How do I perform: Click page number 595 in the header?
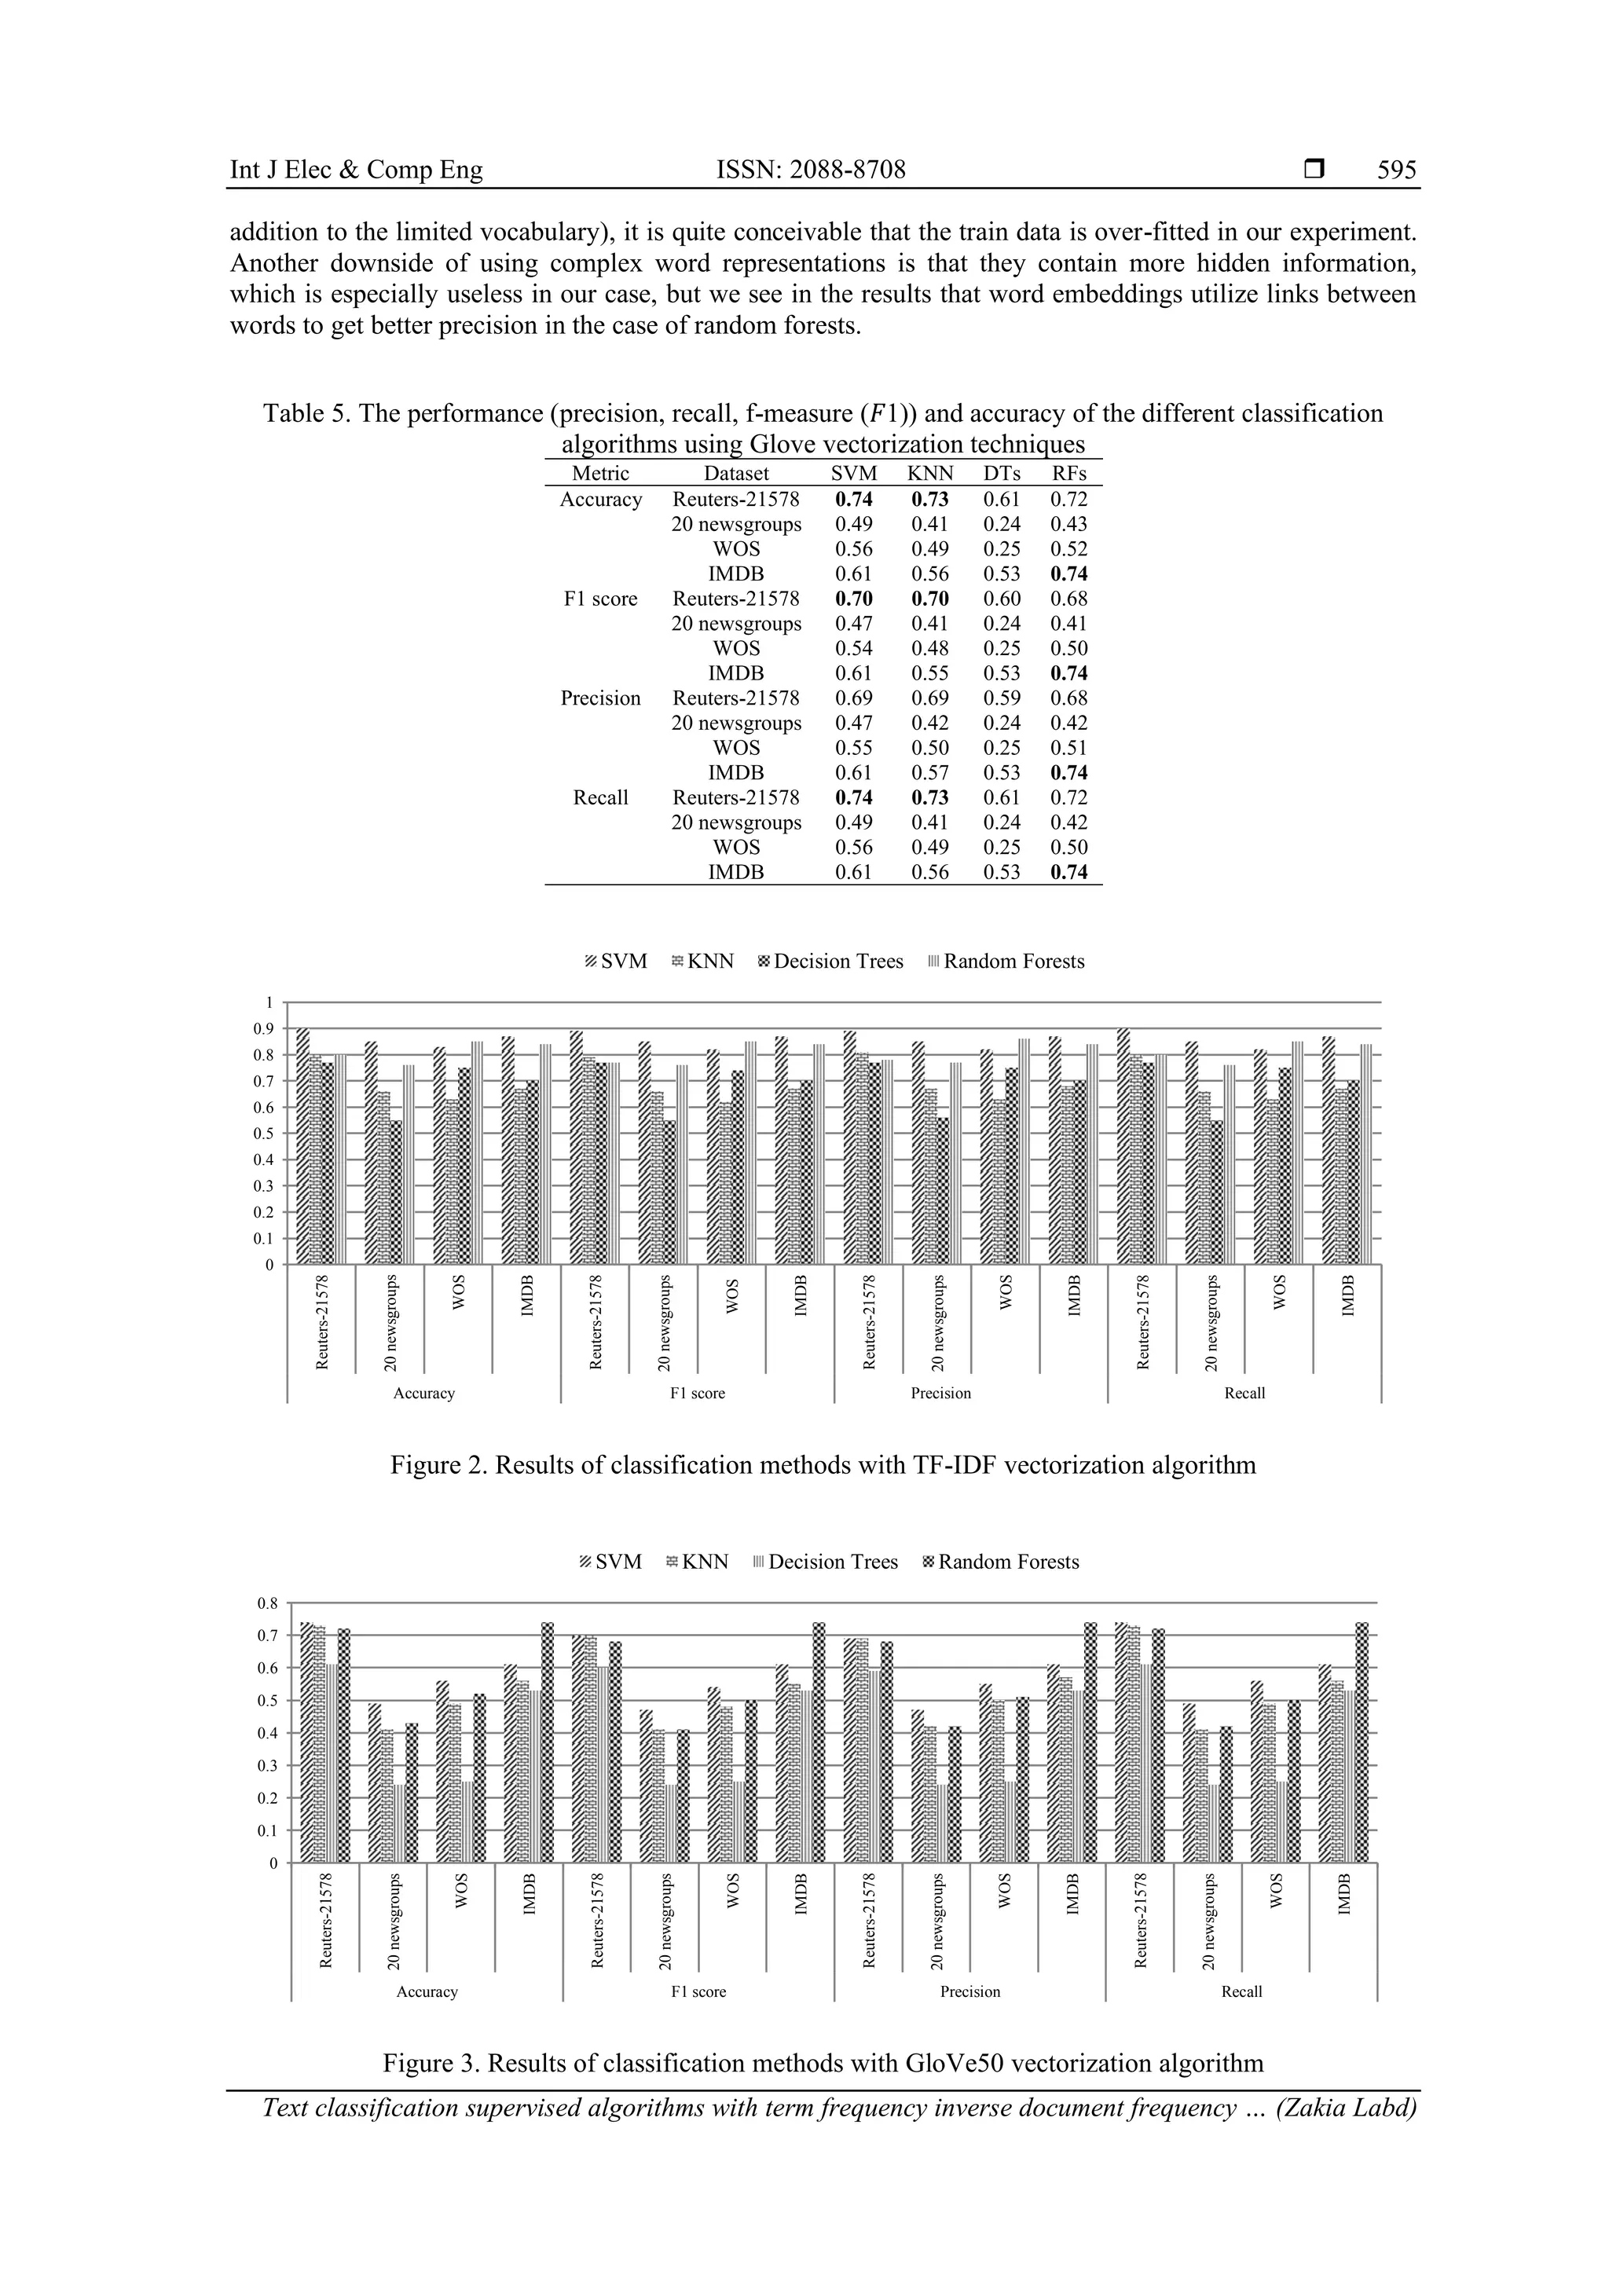click(x=1396, y=170)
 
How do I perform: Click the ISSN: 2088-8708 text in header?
click(x=811, y=170)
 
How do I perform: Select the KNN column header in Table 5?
click(x=929, y=474)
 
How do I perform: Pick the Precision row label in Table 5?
click(x=600, y=698)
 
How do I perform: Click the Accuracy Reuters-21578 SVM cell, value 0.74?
click(x=853, y=500)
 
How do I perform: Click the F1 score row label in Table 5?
click(x=600, y=599)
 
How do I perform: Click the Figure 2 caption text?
click(x=823, y=1464)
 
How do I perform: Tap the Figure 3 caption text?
click(x=823, y=2063)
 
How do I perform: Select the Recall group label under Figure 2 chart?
click(x=1244, y=1393)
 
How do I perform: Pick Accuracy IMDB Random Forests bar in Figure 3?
click(x=548, y=1743)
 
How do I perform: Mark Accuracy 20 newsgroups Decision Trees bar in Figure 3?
click(x=399, y=1824)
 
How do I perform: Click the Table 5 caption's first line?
click(x=823, y=414)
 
